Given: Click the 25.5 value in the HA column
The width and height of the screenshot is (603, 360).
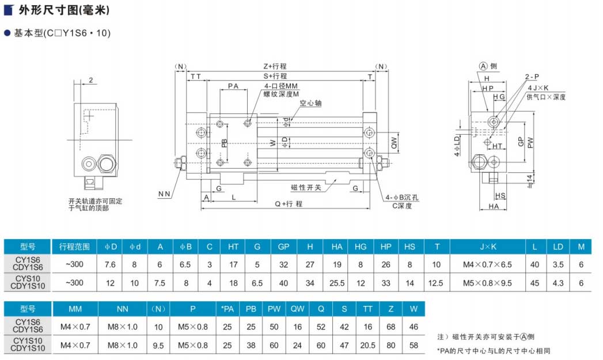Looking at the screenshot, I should pyautogui.click(x=337, y=283).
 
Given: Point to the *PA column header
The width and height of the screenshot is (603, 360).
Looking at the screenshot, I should pyautogui.click(x=227, y=309).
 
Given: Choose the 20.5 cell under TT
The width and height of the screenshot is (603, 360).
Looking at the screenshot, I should pyautogui.click(x=367, y=345).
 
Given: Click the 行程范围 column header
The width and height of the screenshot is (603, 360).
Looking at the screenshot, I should pyautogui.click(x=74, y=247).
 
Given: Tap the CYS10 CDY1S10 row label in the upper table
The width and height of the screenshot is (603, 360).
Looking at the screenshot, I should pyautogui.click(x=28, y=283).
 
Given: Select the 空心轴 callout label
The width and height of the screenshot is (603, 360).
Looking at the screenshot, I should pyautogui.click(x=310, y=104).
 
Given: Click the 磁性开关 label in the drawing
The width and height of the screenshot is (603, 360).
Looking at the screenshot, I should pyautogui.click(x=306, y=187).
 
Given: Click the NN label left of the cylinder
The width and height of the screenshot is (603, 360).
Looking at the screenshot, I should pyautogui.click(x=164, y=194).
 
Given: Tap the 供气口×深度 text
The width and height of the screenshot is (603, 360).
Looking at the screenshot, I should pyautogui.click(x=545, y=97).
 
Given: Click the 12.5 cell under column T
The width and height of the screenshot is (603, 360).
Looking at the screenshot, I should pyautogui.click(x=437, y=283).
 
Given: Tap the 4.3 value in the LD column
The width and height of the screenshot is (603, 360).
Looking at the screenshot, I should pyautogui.click(x=558, y=283).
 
